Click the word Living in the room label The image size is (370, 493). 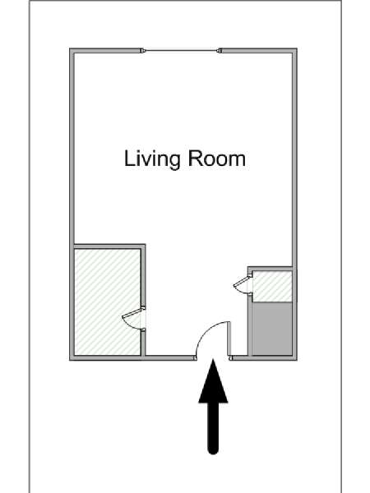(153, 159)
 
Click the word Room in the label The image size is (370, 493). (217, 159)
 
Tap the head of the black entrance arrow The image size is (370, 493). (213, 381)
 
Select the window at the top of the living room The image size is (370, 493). (181, 50)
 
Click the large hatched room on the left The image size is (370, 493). (107, 302)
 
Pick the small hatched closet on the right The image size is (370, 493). (272, 286)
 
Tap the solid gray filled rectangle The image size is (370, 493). (272, 329)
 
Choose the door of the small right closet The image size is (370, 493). (243, 284)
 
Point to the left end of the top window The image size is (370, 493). (142, 50)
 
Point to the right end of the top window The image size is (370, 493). (220, 50)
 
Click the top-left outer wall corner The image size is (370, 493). (70, 48)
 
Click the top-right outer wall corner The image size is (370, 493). (297, 48)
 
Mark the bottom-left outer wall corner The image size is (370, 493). (70, 361)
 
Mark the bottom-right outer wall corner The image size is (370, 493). (297, 361)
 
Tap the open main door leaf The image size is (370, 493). (229, 339)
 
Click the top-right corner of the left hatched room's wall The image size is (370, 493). (146, 244)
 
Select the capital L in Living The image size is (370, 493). (129, 159)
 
